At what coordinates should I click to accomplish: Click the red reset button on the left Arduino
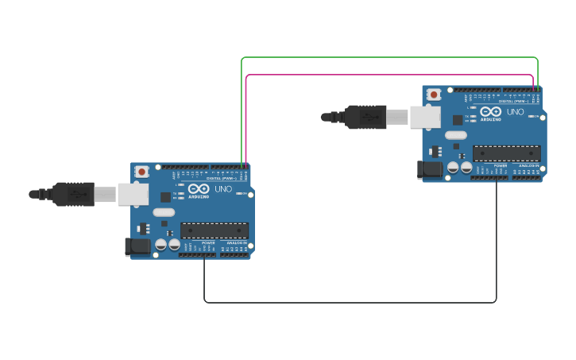pyautogui.click(x=141, y=171)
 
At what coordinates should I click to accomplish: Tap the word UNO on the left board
pyautogui.click(x=223, y=189)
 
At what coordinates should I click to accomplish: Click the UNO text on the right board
pyautogui.click(x=515, y=112)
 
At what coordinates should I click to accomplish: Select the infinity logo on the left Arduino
pyautogui.click(x=199, y=189)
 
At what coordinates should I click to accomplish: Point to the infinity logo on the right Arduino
pyautogui.click(x=490, y=112)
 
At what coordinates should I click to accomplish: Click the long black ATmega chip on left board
pyautogui.click(x=214, y=230)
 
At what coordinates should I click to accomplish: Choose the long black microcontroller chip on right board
pyautogui.click(x=506, y=153)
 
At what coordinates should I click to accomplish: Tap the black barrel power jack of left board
pyautogui.click(x=137, y=246)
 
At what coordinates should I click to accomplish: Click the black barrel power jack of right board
pyautogui.click(x=430, y=169)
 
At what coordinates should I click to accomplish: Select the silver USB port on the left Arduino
pyautogui.click(x=133, y=194)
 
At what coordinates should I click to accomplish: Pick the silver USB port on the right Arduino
pyautogui.click(x=424, y=118)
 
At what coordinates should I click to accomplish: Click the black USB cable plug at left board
pyautogui.click(x=73, y=194)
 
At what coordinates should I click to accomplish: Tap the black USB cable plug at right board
pyautogui.click(x=365, y=117)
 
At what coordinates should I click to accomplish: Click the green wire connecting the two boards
pyautogui.click(x=389, y=57)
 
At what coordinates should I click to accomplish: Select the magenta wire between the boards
pyautogui.click(x=389, y=75)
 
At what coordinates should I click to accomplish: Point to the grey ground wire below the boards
pyautogui.click(x=350, y=302)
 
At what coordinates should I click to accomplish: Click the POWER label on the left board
pyautogui.click(x=208, y=242)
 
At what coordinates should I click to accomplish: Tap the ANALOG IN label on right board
pyautogui.click(x=528, y=165)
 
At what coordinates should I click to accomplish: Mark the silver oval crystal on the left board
pyautogui.click(x=164, y=212)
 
